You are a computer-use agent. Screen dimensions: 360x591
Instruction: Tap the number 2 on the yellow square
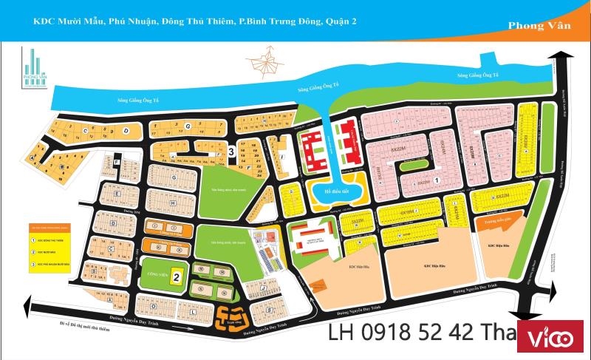pyautogui.click(x=177, y=277)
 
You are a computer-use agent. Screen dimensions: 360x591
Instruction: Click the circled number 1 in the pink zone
pyautogui.click(x=437, y=180)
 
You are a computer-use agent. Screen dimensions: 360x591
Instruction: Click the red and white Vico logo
pyautogui.click(x=554, y=339)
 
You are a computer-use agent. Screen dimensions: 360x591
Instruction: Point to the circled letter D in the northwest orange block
pyautogui.click(x=126, y=130)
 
